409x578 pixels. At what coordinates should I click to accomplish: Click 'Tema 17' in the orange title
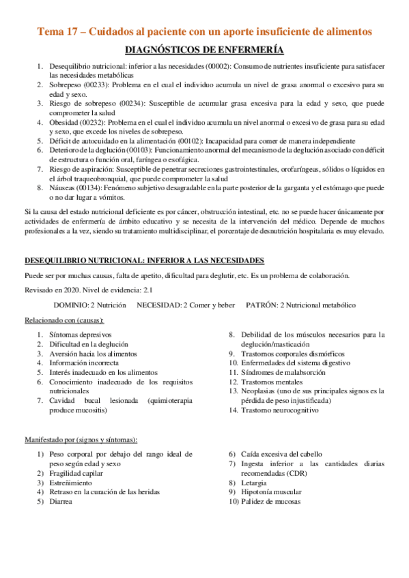coord(57,31)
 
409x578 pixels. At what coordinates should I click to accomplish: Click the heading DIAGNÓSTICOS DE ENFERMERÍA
coord(204,50)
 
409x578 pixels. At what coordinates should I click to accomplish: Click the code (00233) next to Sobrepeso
coord(100,85)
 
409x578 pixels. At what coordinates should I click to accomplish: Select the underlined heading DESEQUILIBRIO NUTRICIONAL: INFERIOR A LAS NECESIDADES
coord(145,261)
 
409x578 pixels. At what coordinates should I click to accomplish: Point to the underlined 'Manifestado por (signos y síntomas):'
coord(81,439)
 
